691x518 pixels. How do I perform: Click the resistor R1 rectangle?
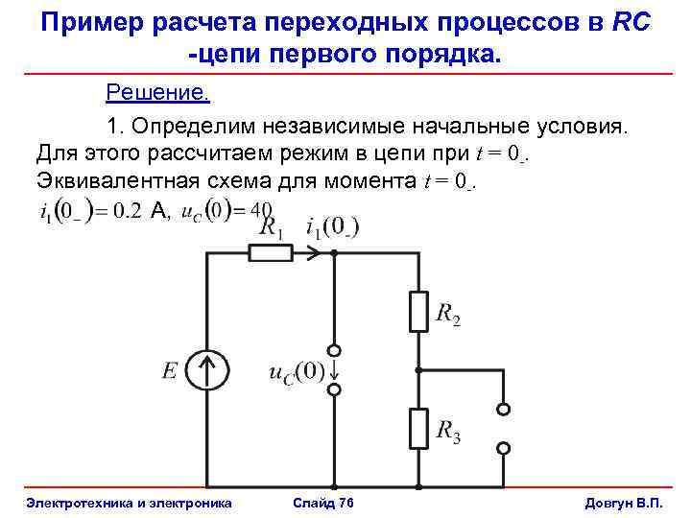pyautogui.click(x=271, y=252)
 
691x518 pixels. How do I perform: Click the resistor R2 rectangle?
pyautogui.click(x=417, y=312)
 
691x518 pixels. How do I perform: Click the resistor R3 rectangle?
pyautogui.click(x=417, y=428)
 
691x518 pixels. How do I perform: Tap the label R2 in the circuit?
pyautogui.click(x=448, y=314)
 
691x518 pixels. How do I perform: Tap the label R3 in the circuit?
pyautogui.click(x=448, y=433)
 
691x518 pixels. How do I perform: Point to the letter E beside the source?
pyautogui.click(x=170, y=370)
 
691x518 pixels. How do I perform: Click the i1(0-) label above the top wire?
pyautogui.click(x=332, y=227)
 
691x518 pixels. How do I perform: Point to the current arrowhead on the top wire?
pyautogui.click(x=313, y=252)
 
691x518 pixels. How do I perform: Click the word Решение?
pyautogui.click(x=157, y=93)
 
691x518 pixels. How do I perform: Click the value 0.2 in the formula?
pyautogui.click(x=128, y=211)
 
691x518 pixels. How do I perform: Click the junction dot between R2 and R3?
pyautogui.click(x=417, y=369)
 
